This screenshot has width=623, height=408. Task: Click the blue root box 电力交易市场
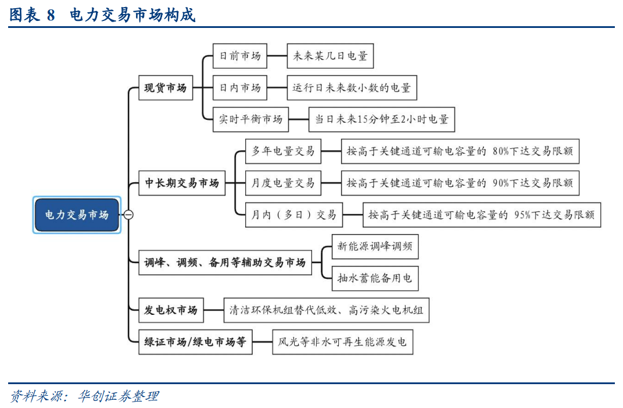click(77, 215)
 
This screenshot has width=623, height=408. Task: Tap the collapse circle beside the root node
click(128, 215)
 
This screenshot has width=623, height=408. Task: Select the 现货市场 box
click(166, 87)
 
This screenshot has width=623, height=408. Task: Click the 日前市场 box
click(240, 56)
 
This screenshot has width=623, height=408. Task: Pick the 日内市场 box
click(240, 87)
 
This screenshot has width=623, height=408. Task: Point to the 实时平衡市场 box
click(250, 119)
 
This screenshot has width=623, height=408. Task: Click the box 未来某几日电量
click(330, 56)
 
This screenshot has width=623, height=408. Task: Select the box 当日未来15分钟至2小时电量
click(382, 119)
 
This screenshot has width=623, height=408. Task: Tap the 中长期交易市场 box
click(182, 183)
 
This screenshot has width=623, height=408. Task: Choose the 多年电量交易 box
click(283, 151)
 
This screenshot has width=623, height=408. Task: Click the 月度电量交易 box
click(283, 183)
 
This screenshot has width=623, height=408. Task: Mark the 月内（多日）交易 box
click(294, 215)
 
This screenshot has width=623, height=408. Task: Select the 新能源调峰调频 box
click(375, 246)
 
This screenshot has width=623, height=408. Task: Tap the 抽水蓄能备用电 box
click(375, 278)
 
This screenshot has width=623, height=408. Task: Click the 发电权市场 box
click(171, 310)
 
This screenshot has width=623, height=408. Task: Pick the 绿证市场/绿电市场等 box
click(195, 342)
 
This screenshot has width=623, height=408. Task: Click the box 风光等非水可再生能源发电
click(342, 342)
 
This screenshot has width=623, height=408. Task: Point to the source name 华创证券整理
click(119, 396)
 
